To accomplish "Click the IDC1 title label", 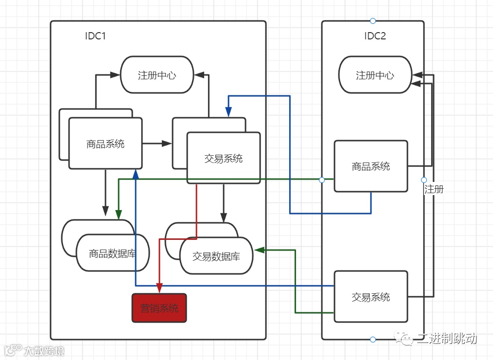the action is tap(95, 36).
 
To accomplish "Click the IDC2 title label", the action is tap(375, 36).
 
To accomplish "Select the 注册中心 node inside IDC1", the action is tap(157, 75).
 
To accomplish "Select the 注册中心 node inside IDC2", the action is tap(375, 75).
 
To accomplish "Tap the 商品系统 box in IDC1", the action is tap(106, 144).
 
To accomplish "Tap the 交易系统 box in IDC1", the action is tap(224, 158).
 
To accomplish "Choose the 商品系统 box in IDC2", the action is tap(371, 166).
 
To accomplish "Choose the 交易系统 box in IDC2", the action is tap(371, 296).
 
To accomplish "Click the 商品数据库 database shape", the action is tap(113, 252).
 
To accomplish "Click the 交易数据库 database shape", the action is tap(216, 256).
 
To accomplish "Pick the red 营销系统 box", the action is tap(159, 308).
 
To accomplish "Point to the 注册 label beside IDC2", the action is tap(434, 189).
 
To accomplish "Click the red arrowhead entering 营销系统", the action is tap(159, 288).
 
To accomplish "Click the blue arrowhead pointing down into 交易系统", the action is tap(229, 112).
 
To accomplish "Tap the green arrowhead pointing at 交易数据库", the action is tap(259, 250).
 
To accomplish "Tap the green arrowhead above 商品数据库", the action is tap(119, 215).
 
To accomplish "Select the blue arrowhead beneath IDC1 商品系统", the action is tap(136, 174).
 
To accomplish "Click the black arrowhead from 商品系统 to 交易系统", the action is tap(167, 144).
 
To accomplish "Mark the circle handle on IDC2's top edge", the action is tap(373, 21).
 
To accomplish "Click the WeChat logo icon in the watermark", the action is tap(404, 339).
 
